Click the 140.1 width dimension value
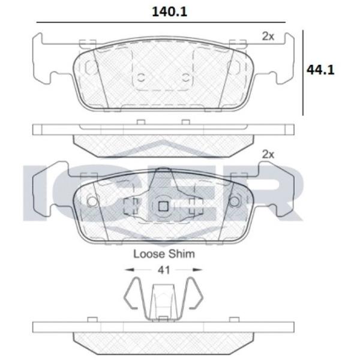pos(169,12)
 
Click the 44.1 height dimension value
pos(320,70)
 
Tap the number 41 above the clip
pos(164,270)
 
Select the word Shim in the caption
pos(182,254)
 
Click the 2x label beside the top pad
pos(268,36)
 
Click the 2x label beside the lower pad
pos(268,155)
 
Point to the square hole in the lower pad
pos(163,206)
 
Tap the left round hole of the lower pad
pos(92,202)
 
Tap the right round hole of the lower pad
pos(235,202)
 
